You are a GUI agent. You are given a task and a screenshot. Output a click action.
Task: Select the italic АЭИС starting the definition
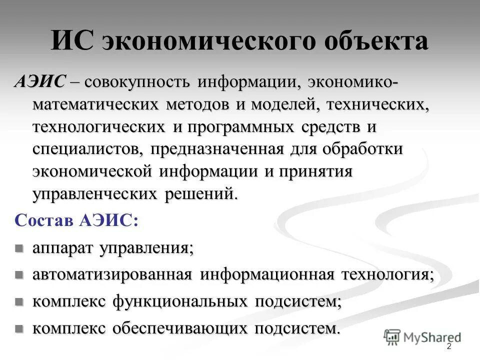tap(39, 81)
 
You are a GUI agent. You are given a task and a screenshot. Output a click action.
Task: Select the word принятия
tap(315, 171)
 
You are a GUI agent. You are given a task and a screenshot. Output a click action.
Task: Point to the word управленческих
tap(95, 193)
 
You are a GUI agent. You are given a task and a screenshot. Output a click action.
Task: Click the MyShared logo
tap(422, 337)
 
